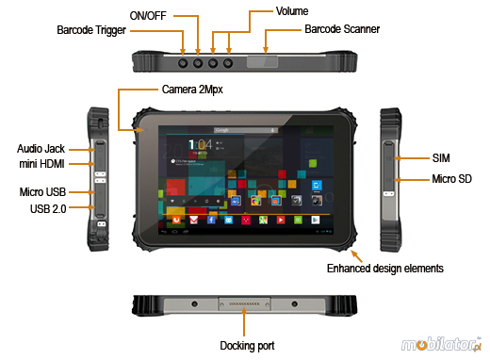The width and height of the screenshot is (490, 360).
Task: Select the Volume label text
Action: [x=291, y=10]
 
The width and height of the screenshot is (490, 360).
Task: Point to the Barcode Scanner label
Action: [x=342, y=30]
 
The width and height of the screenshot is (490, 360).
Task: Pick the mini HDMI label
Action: [x=41, y=165]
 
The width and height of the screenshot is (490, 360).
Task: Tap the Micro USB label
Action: [x=41, y=192]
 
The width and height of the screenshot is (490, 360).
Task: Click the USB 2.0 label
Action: [x=47, y=208]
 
